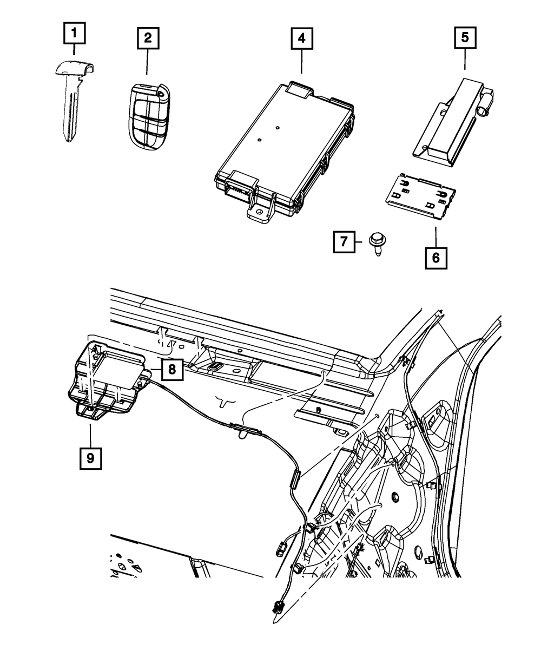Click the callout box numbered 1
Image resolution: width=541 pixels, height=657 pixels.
(75, 36)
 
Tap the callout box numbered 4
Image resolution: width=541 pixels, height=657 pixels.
(301, 38)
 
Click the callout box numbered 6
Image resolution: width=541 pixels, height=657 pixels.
(436, 258)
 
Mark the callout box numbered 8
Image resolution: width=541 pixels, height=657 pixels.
(171, 370)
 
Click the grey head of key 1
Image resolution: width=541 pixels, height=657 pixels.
(75, 67)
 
